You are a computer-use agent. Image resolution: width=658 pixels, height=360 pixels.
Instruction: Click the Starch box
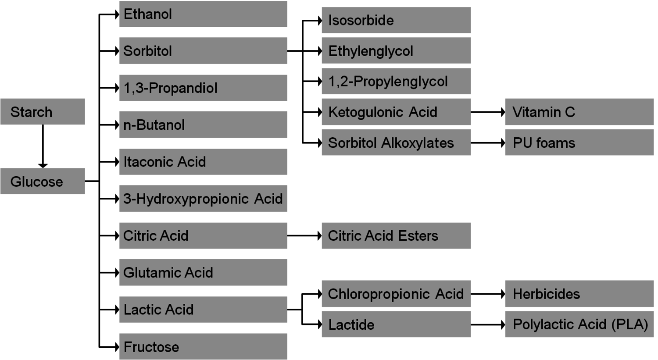[x=43, y=111]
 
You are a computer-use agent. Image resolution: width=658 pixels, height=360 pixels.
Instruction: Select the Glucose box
[x=43, y=181]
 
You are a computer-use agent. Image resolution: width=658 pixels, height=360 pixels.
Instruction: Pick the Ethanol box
[x=203, y=14]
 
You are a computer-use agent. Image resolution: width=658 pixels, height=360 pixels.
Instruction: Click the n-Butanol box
[x=203, y=125]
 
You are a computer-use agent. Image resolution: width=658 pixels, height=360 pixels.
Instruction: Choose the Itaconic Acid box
[x=203, y=162]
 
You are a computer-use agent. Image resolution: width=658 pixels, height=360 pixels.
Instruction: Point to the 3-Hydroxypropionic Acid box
[x=203, y=199]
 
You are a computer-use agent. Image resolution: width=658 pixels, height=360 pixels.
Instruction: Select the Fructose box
[x=203, y=346]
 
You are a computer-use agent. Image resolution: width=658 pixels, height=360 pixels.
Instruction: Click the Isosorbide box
[x=396, y=20]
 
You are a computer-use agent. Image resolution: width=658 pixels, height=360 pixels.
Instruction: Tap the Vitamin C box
[x=579, y=112]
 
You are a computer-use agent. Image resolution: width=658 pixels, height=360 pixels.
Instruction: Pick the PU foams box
[x=579, y=143]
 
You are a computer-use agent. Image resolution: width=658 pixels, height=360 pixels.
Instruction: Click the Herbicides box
[x=579, y=294]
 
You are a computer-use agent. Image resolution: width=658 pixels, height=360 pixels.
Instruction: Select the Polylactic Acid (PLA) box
[x=579, y=324]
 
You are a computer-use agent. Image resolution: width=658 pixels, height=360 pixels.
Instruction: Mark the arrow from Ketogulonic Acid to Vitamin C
[x=488, y=112]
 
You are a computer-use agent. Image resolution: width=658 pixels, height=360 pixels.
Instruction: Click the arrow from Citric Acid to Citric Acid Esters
[x=304, y=235]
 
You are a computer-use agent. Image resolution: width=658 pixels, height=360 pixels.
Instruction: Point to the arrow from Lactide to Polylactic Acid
[x=488, y=324]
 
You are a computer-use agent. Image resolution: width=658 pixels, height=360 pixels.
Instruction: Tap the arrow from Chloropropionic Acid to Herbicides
[x=488, y=294]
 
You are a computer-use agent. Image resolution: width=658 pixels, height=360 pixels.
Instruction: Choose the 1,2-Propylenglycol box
[x=396, y=81]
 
